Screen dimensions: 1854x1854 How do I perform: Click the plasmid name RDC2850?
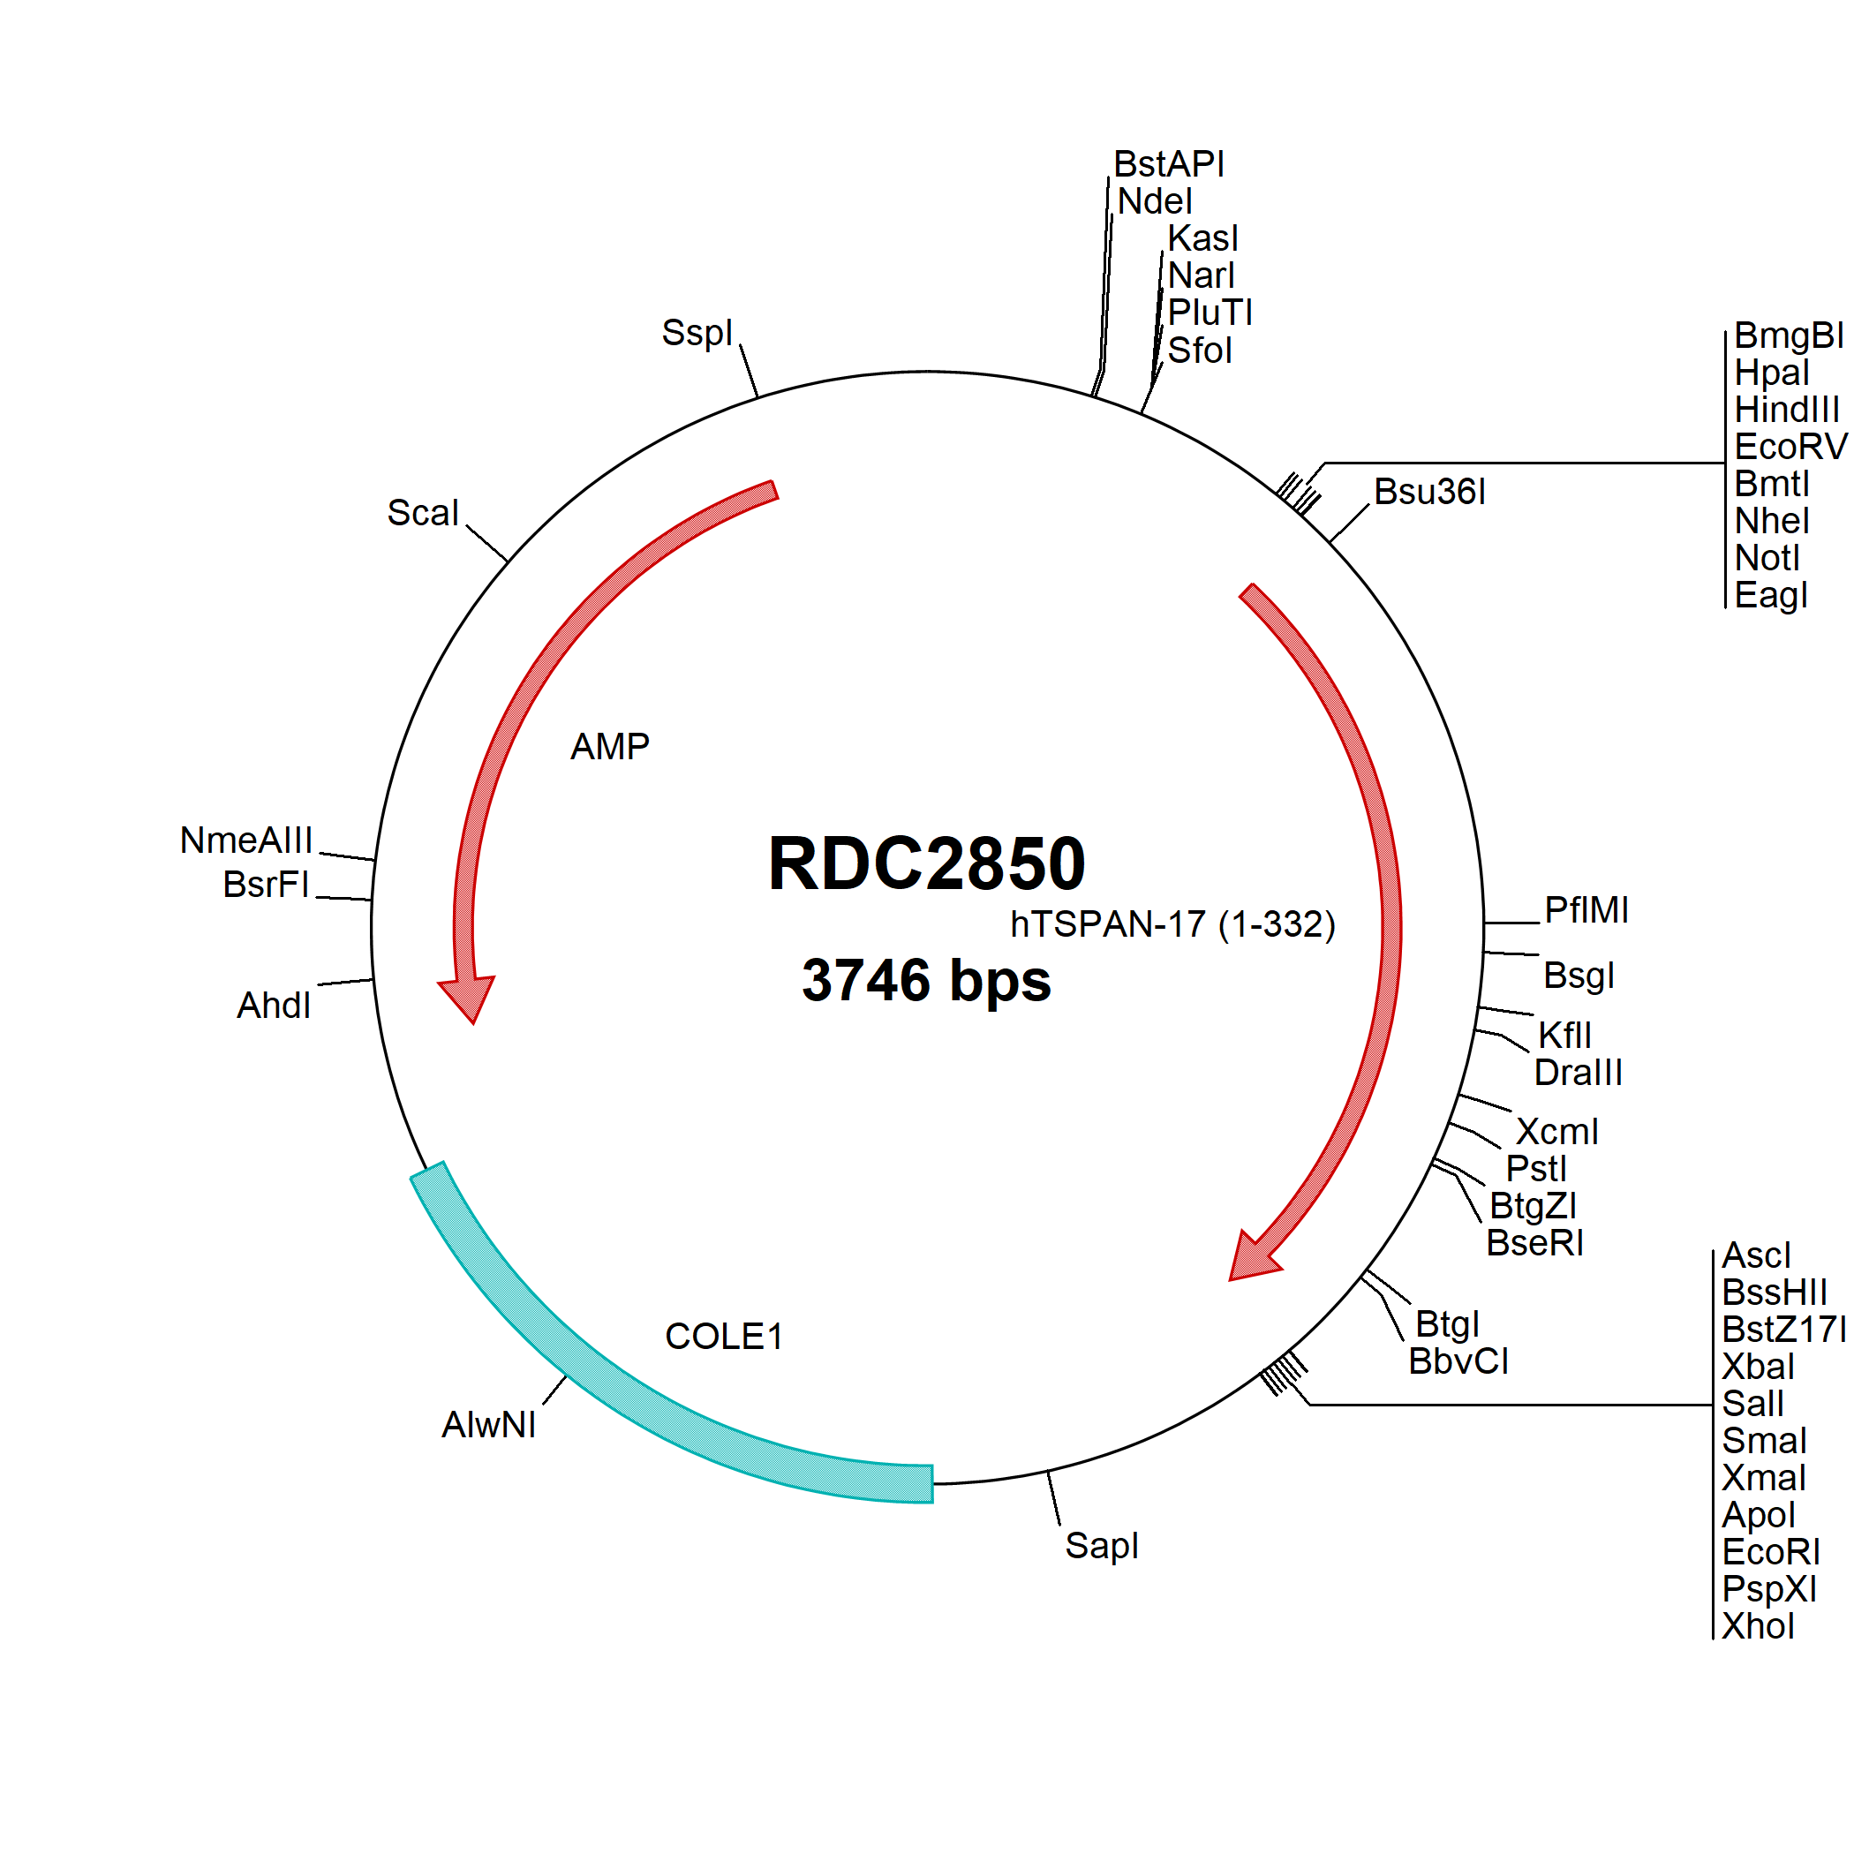point(926,863)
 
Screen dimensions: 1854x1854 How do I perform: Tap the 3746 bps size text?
point(926,981)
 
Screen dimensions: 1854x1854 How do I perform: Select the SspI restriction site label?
point(697,333)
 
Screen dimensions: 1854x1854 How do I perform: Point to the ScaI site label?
point(422,512)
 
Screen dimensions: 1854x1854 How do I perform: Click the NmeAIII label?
point(246,840)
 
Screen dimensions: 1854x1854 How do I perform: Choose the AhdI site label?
point(274,1006)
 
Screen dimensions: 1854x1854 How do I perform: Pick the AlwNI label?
point(488,1425)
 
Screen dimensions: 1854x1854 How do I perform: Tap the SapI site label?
point(1102,1546)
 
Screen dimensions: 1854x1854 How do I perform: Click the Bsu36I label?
point(1430,492)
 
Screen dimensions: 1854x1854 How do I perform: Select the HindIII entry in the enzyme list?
point(1787,410)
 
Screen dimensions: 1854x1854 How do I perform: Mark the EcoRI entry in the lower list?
point(1770,1552)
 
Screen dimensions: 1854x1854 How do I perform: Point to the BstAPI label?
point(1169,164)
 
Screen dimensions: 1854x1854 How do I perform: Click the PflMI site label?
point(1586,909)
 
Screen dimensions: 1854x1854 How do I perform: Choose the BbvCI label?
point(1458,1360)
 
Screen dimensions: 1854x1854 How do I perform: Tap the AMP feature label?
point(610,747)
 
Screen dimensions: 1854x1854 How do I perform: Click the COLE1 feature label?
point(724,1337)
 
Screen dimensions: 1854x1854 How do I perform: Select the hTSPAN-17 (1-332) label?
point(1172,924)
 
